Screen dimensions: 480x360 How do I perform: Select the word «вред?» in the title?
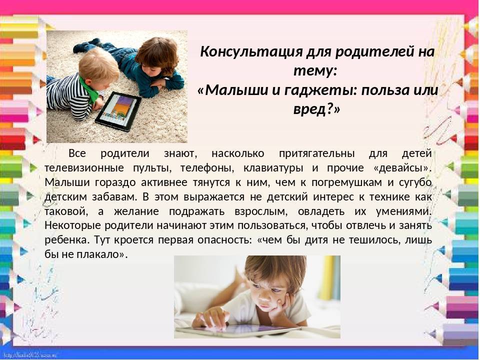click(x=316, y=109)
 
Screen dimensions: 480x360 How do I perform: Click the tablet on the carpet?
click(x=118, y=111)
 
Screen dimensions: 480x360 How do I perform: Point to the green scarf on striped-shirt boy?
click(x=90, y=89)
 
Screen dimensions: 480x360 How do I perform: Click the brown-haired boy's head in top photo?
click(x=156, y=56)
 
